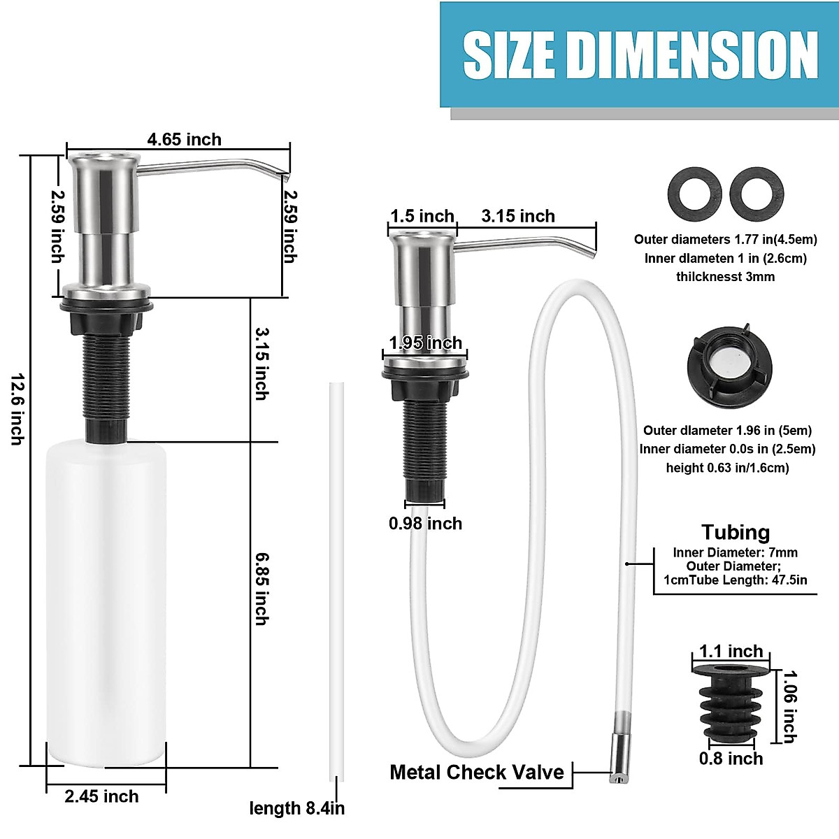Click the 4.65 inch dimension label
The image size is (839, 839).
[x=184, y=139]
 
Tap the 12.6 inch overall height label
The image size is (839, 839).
[x=17, y=409]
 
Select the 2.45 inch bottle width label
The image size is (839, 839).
[x=102, y=796]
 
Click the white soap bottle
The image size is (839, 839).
[x=106, y=601]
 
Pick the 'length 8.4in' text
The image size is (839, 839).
[x=297, y=809]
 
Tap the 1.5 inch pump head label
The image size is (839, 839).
[x=422, y=216]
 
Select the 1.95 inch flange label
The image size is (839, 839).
[x=426, y=343]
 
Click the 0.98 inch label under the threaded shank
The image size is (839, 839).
[x=425, y=523]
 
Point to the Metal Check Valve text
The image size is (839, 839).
[x=477, y=772]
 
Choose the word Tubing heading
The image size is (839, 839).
[x=736, y=532]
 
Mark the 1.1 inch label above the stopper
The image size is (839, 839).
[x=731, y=652]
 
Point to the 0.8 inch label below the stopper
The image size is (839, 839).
[x=731, y=759]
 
